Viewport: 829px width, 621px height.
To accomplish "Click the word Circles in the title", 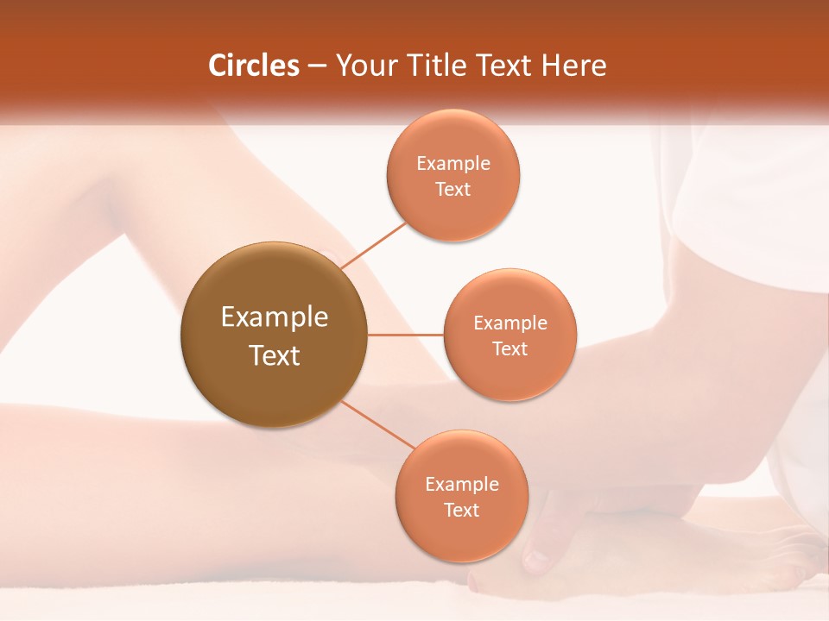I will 253,66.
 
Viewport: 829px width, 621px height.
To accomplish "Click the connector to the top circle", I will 374,245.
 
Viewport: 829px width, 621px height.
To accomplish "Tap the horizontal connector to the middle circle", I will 405,335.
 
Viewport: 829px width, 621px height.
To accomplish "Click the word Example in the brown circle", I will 274,317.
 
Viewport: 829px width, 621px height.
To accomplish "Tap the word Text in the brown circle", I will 274,355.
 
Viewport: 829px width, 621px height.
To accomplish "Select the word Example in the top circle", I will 452,163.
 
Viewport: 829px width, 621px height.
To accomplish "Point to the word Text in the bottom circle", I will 461,510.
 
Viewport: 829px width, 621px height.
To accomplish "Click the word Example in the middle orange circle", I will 509,323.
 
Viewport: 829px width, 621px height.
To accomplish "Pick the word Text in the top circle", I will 452,189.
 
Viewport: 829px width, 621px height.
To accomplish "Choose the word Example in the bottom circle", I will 461,484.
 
